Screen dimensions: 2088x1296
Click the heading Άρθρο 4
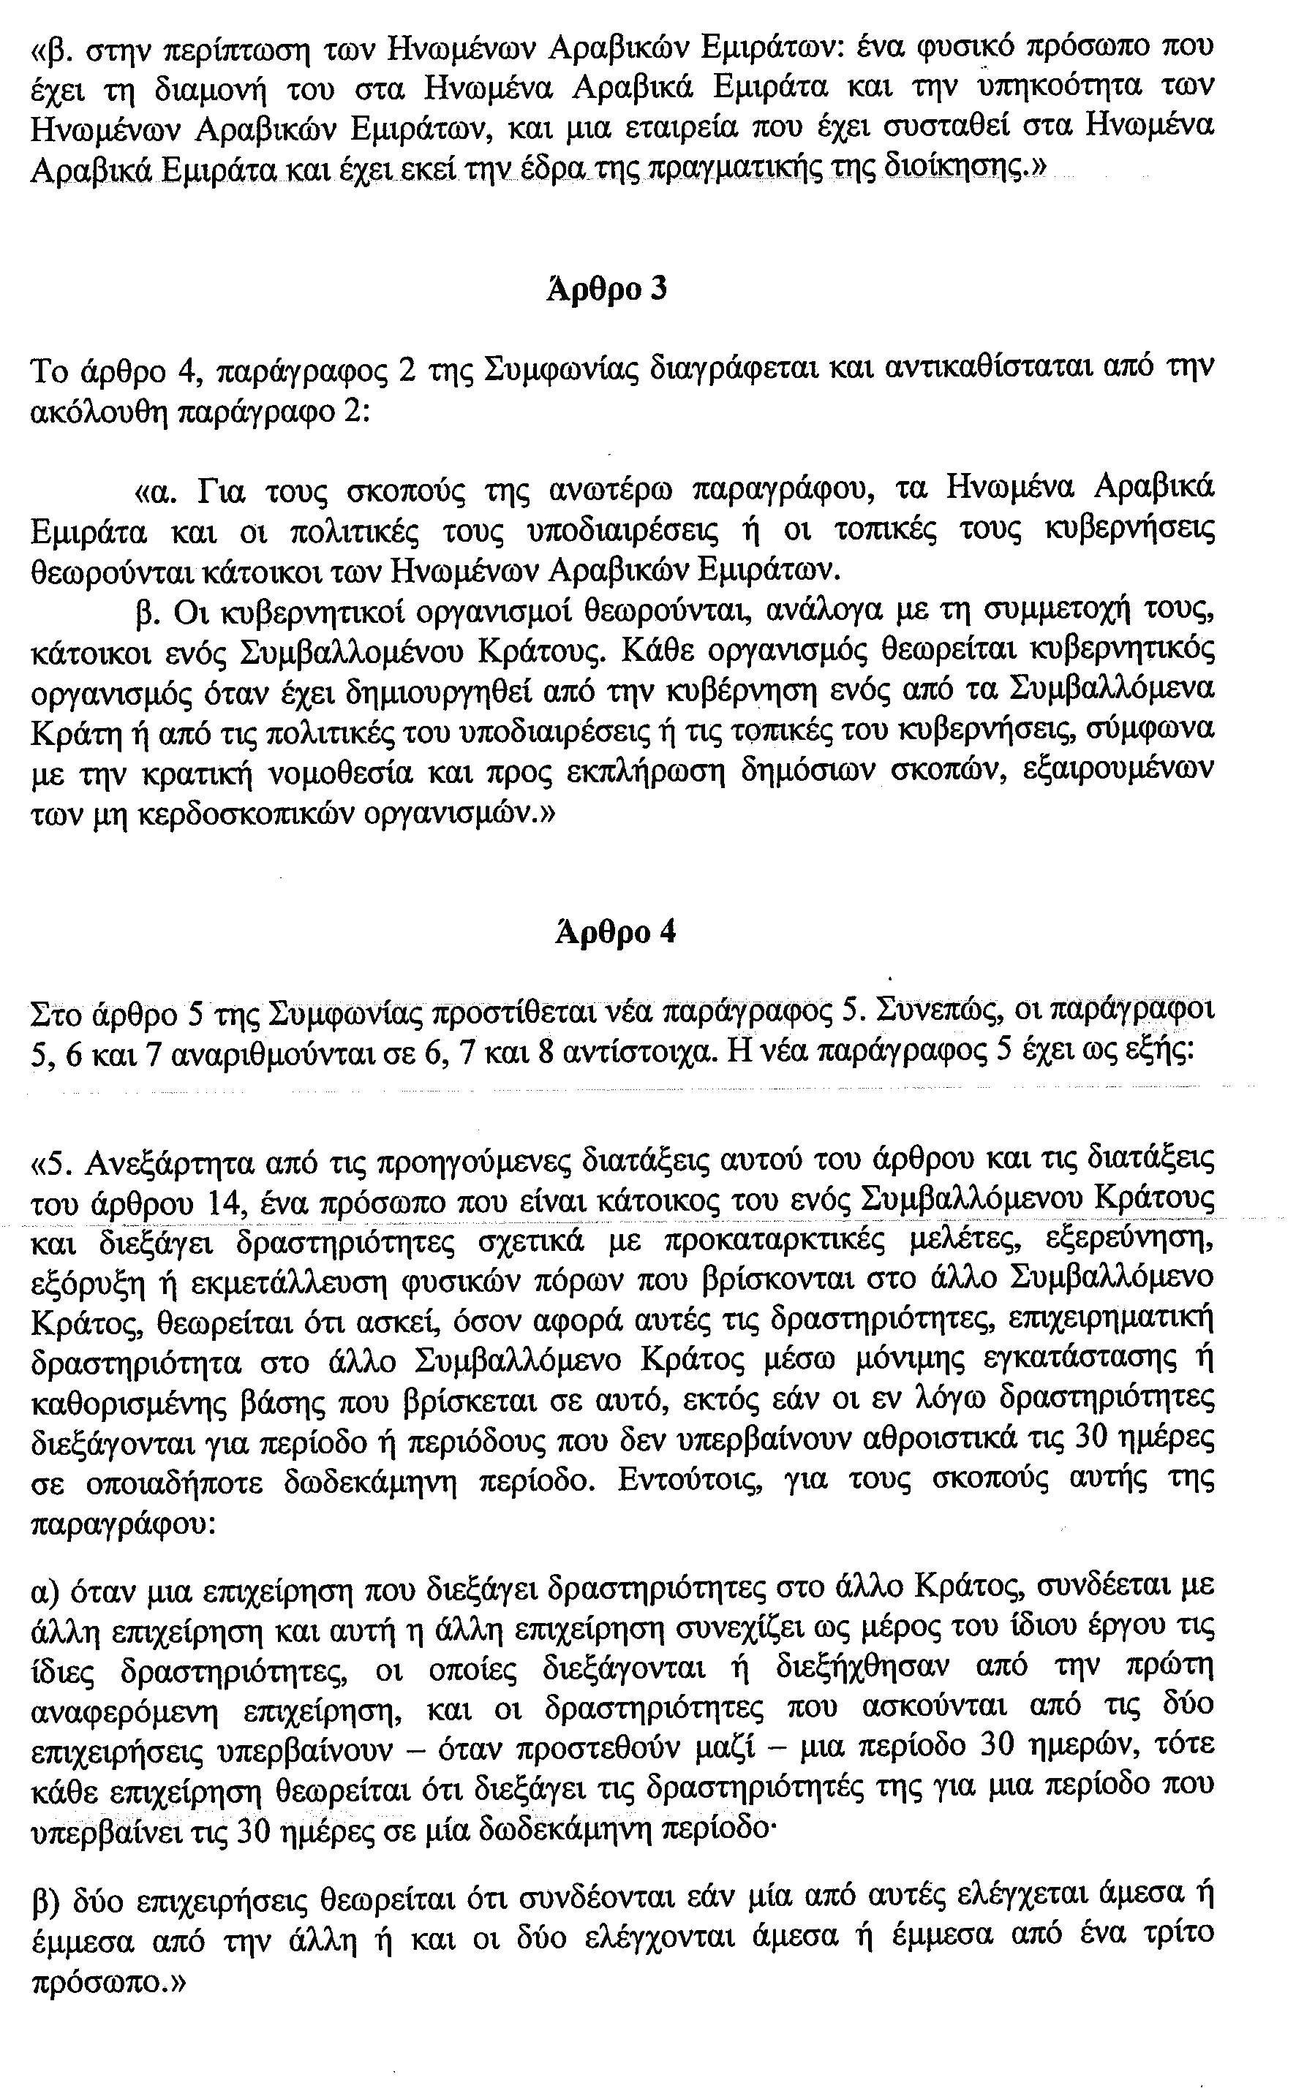coord(614,931)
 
